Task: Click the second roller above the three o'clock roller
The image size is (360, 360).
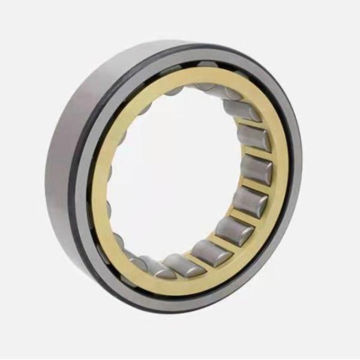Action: (x=242, y=110)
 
